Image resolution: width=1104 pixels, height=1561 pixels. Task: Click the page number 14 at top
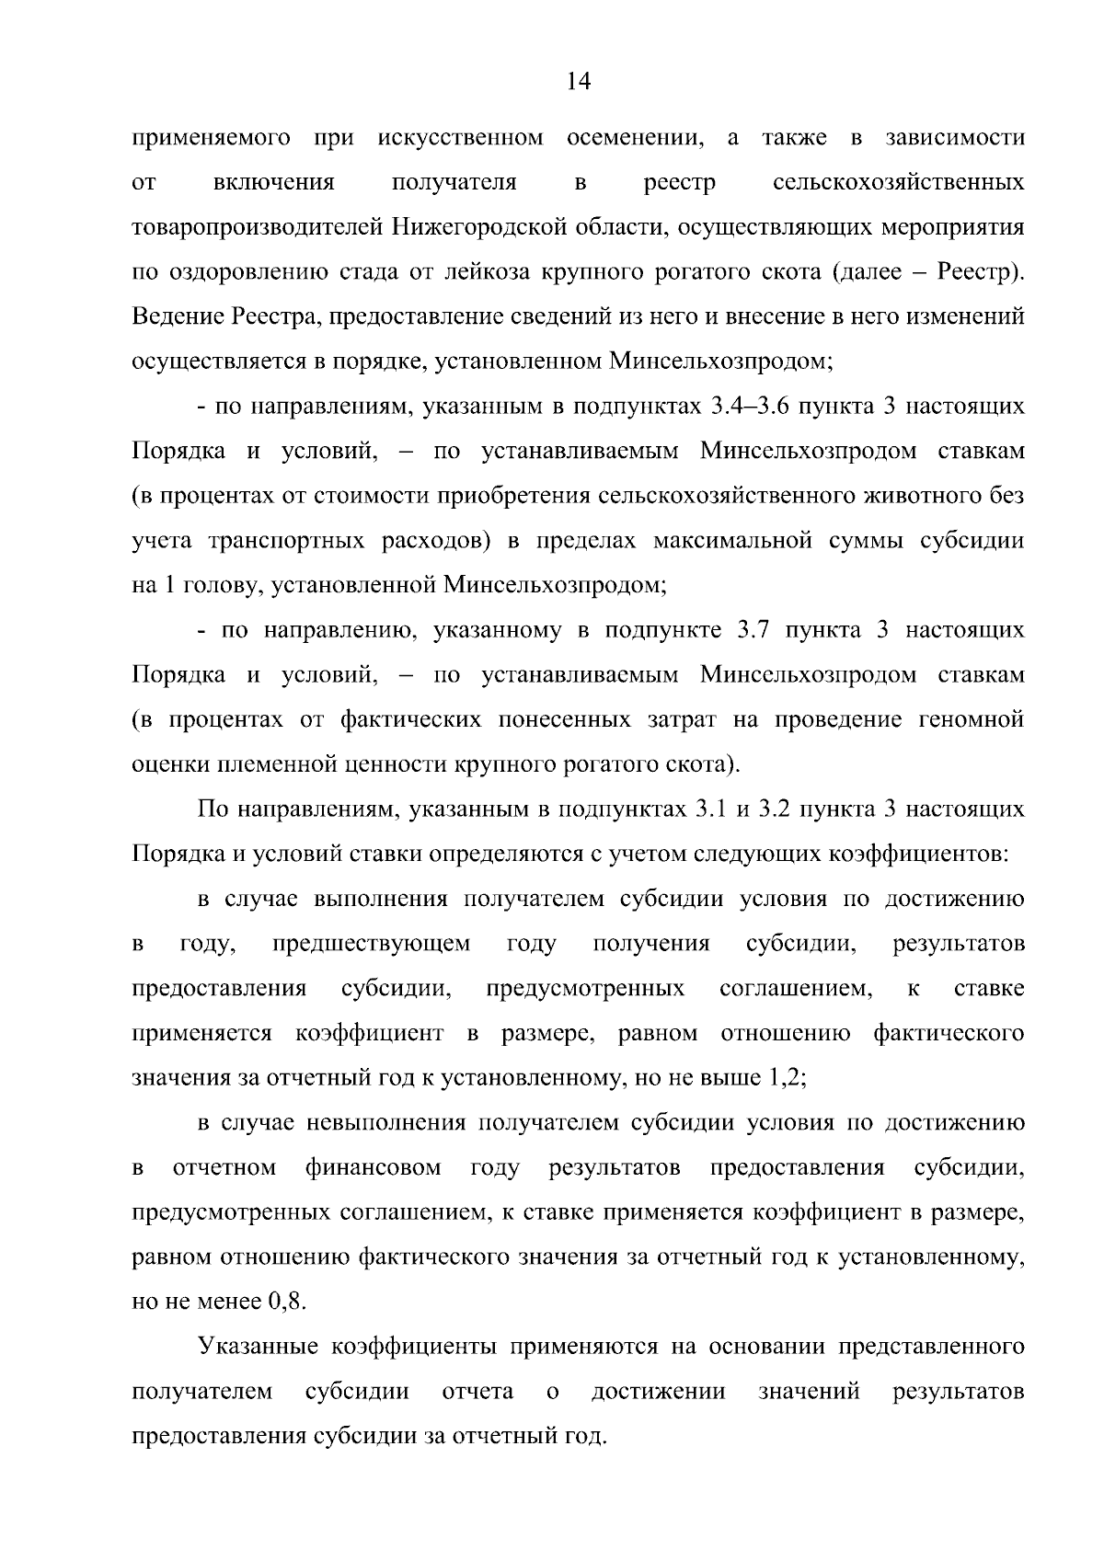[x=578, y=82]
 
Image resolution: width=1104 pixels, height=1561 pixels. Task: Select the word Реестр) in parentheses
[x=980, y=273]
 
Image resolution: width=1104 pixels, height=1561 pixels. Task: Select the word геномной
[x=972, y=719]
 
